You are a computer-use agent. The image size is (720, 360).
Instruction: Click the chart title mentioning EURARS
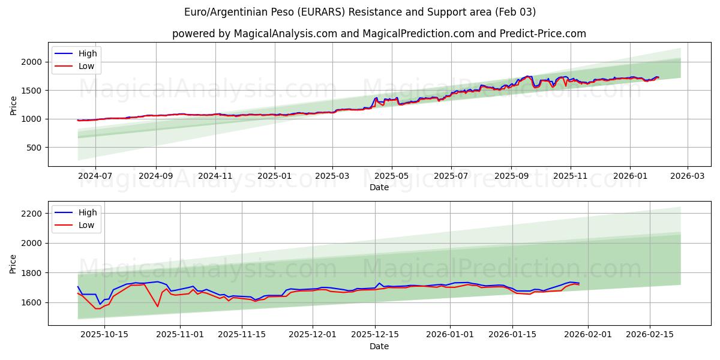[360, 12]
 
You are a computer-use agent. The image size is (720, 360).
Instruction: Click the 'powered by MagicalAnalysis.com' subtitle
[379, 34]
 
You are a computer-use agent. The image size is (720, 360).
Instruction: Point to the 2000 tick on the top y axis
[31, 62]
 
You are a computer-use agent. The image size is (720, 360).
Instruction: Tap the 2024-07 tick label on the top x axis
[95, 176]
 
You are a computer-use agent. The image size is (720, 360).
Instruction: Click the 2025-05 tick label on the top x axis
[392, 176]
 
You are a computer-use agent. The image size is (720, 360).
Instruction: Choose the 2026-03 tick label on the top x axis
[687, 176]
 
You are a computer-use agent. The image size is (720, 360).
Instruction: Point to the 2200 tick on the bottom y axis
[31, 214]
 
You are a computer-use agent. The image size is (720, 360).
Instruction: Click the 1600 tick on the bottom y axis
[31, 302]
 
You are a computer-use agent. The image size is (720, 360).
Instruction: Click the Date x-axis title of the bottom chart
[379, 346]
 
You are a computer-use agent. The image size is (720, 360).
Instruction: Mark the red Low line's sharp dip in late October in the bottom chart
[158, 307]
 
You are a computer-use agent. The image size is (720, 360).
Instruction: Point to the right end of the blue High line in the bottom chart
[579, 283]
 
